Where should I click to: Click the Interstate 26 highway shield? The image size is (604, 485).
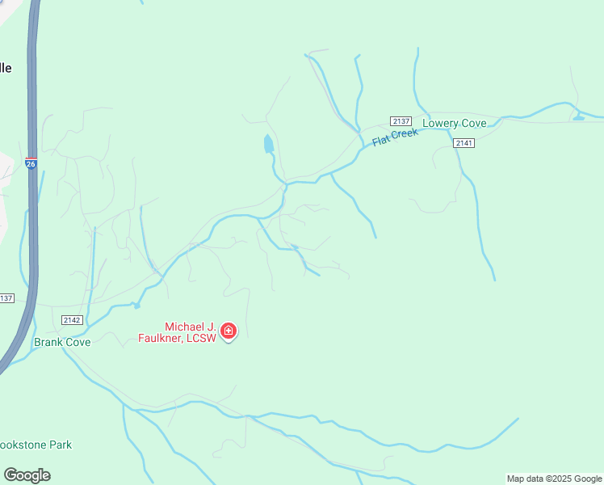31,162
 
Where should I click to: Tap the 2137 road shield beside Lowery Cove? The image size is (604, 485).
401,120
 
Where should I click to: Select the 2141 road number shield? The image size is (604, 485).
463,143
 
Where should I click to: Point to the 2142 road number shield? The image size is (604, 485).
70,320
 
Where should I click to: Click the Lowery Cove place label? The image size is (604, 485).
455,124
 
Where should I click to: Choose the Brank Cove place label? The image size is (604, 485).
62,342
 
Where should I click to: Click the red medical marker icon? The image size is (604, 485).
229,331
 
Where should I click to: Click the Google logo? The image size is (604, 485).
27,475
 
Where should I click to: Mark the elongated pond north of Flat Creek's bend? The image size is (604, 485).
268,145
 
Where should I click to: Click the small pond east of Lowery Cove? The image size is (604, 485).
578,118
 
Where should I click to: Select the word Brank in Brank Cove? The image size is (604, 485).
48,342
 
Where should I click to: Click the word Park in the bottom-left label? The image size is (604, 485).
60,445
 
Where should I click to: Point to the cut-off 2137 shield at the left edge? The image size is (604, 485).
6,298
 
